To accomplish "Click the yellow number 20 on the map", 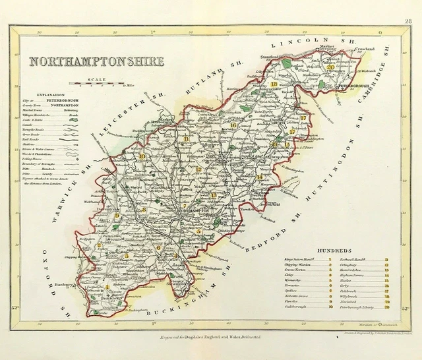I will tap(330, 66).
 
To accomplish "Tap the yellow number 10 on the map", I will tap(142, 156).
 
